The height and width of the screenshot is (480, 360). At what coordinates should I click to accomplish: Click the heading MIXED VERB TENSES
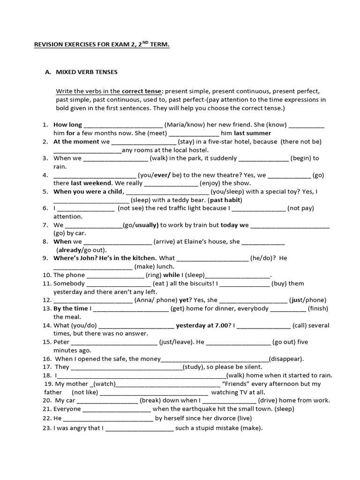87,72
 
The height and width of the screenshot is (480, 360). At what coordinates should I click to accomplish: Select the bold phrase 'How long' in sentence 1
67,125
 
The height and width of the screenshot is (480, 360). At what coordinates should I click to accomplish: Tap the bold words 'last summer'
253,133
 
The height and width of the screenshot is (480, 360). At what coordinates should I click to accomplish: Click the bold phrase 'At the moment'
76,142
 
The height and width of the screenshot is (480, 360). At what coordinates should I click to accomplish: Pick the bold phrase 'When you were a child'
88,192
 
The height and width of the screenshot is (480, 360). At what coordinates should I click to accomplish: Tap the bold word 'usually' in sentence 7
148,225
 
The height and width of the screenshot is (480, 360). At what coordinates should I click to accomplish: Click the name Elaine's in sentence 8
203,242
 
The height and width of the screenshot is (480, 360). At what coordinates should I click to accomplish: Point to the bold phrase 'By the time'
70,308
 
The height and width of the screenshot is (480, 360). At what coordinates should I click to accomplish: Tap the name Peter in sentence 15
61,342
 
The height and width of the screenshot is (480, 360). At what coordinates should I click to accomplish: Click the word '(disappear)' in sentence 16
286,359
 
